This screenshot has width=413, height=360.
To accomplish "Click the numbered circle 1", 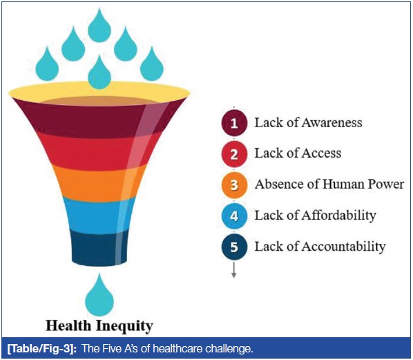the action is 234,123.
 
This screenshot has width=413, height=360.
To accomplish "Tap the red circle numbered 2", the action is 234,154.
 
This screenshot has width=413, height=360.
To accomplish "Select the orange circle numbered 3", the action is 234,184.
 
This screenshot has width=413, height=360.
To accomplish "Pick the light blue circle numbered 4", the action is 234,216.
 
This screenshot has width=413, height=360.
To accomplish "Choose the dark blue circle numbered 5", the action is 234,247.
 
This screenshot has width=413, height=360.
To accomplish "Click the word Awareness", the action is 332,123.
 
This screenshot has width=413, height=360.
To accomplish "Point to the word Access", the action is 321,153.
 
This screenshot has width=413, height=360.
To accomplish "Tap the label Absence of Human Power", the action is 329,184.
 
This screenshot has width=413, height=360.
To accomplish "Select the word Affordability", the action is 338,216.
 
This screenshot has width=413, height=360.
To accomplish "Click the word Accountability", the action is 343,247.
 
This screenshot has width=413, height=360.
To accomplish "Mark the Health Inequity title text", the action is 99,326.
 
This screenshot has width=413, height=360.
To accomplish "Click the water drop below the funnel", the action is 99,294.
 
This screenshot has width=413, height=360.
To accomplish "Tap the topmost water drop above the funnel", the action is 99,26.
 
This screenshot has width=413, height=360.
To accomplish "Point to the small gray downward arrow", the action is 233,270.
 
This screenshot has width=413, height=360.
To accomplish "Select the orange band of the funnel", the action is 99,184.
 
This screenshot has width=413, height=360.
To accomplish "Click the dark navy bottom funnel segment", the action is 99,247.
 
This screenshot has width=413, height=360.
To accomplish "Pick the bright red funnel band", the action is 99,151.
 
